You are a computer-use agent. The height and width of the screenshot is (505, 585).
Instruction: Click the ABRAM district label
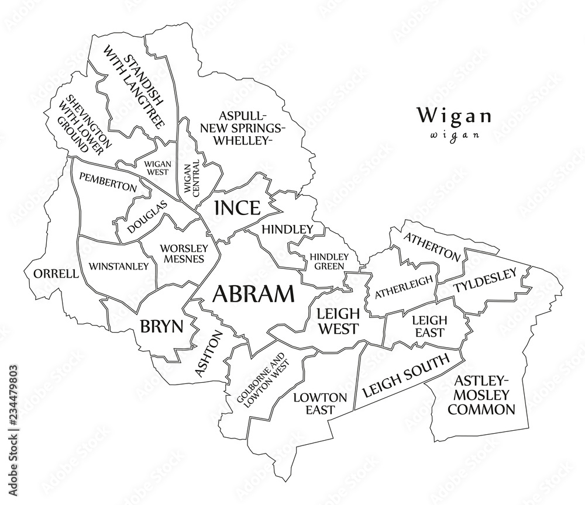253,294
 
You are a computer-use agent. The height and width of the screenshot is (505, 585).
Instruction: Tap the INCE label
236,208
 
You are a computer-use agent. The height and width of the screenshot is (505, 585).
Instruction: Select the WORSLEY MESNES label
181,253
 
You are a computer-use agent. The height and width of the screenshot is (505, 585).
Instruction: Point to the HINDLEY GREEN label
329,261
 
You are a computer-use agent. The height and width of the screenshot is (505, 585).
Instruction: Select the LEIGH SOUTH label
405,374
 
